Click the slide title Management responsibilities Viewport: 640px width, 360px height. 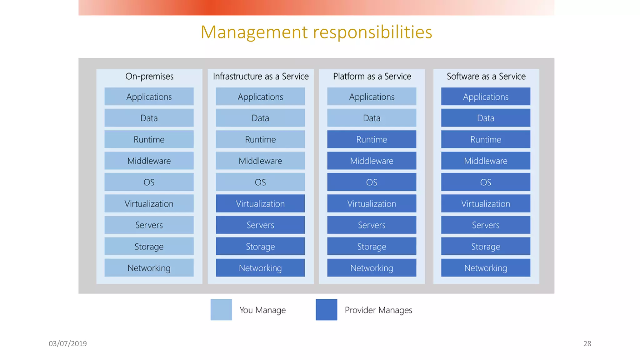[x=316, y=32]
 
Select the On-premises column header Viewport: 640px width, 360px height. [x=149, y=76]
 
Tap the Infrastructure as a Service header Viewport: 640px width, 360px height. [x=261, y=76]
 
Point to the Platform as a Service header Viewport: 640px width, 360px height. [x=372, y=76]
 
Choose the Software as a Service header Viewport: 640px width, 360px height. [x=486, y=76]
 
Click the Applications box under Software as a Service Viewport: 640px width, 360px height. [x=486, y=97]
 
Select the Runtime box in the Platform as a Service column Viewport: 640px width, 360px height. [x=372, y=139]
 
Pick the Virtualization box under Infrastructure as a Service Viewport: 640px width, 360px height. [x=260, y=204]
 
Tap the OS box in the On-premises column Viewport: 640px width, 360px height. [x=149, y=182]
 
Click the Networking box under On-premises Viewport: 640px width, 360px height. [x=149, y=268]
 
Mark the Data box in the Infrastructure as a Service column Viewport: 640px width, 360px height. [x=260, y=118]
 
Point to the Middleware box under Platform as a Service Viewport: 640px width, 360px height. [x=372, y=161]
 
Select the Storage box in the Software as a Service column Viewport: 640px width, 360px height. [x=486, y=247]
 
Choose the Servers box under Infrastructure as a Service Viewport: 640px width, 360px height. [x=260, y=225]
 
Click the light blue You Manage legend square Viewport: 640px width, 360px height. [x=221, y=310]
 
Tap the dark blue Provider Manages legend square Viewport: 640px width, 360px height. [x=326, y=310]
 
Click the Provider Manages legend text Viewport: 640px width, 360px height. [x=378, y=310]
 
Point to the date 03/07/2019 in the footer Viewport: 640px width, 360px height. [x=68, y=343]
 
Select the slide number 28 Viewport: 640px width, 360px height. [x=587, y=343]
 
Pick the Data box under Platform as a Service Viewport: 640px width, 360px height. [x=372, y=118]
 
